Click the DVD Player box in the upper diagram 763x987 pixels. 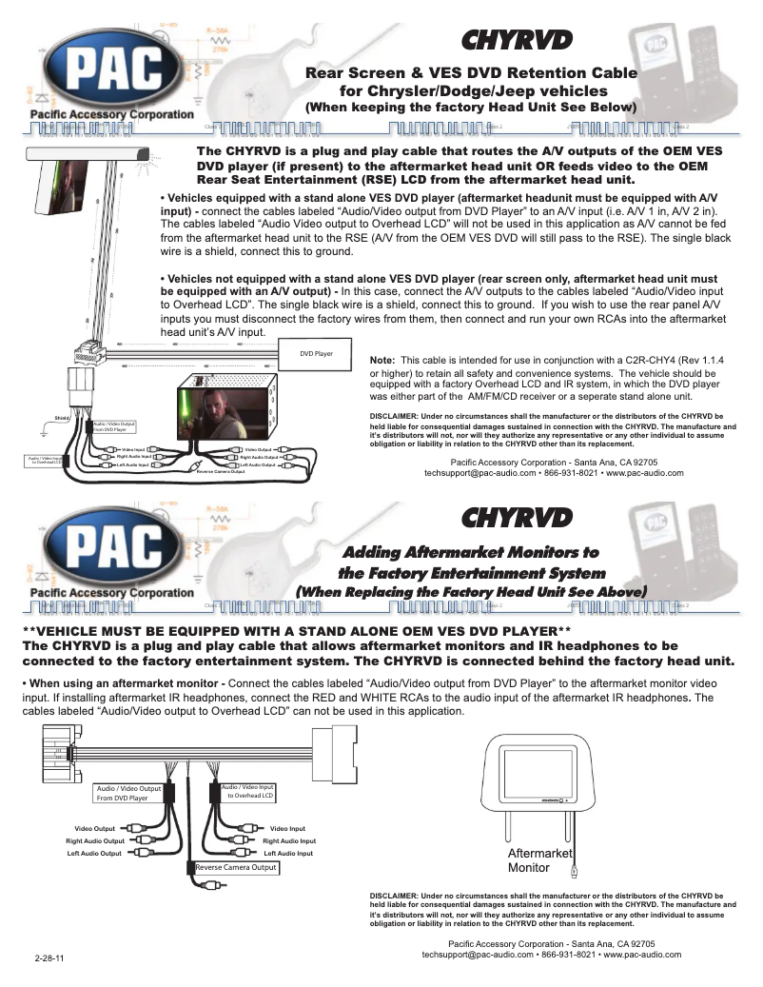(316, 354)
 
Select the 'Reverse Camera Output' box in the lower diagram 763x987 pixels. (236, 867)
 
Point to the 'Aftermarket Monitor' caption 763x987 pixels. (538, 861)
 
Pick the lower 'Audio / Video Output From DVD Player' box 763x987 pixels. (129, 793)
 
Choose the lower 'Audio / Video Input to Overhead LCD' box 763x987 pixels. (249, 791)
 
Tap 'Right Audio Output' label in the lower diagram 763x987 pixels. (95, 840)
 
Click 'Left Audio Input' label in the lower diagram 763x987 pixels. (287, 853)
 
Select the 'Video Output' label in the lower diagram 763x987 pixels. (95, 828)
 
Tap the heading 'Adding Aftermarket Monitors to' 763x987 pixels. (470, 552)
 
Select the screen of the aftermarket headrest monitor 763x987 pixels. (529, 770)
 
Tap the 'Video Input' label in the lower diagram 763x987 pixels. (287, 828)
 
